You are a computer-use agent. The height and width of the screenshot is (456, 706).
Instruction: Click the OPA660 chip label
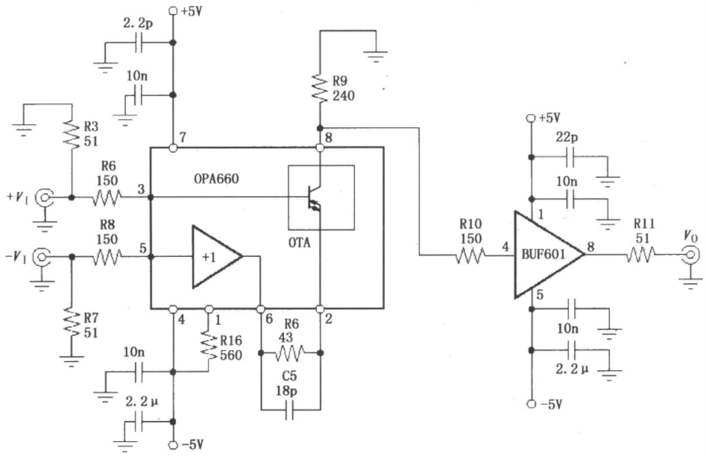(216, 179)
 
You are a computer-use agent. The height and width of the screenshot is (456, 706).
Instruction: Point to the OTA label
(300, 243)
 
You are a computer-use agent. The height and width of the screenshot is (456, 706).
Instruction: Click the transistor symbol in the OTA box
(315, 197)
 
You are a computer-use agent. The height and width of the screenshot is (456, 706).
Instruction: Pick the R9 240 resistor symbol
(320, 89)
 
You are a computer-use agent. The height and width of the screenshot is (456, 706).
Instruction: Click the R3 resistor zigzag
(72, 133)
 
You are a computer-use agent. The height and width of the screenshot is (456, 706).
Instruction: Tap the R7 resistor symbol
(71, 323)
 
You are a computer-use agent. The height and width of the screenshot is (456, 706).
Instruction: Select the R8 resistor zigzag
(107, 257)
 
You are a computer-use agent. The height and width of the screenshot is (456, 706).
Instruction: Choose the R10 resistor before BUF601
(470, 256)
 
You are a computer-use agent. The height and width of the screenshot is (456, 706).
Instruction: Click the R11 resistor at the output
(640, 256)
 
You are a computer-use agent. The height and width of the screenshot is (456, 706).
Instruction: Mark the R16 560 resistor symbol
(209, 346)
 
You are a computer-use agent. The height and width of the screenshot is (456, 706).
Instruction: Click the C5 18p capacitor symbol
(289, 410)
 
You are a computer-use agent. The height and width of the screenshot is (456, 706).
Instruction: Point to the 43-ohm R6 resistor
(290, 353)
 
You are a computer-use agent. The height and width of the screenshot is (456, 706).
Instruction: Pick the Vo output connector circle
(690, 256)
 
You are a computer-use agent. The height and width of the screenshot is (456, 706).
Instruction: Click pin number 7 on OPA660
(183, 137)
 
